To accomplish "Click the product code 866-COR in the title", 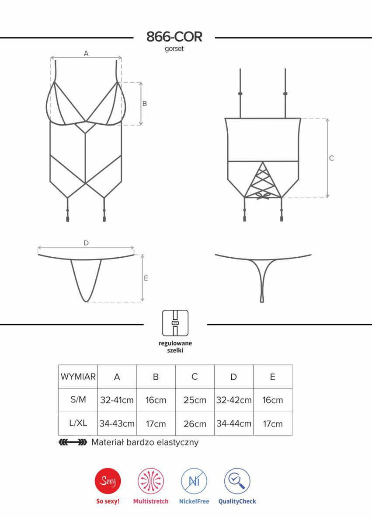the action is (174, 37).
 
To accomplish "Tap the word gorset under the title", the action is (174, 49).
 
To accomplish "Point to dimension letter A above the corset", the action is (86, 53).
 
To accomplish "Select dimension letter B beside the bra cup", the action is (145, 103).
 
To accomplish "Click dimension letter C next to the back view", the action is (332, 158).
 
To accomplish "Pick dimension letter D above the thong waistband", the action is (86, 243).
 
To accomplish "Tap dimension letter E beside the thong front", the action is (146, 279).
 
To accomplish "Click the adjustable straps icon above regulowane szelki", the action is (175, 323).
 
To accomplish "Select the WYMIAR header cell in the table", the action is (78, 377).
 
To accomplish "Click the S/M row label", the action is (78, 400).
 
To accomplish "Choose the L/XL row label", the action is (78, 423).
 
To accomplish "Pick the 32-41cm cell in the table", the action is (117, 400).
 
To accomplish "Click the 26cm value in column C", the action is (195, 423).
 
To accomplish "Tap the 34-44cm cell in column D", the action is (234, 423).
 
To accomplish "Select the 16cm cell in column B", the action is (156, 400).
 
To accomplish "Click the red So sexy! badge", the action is (108, 481).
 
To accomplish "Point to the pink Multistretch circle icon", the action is (151, 481).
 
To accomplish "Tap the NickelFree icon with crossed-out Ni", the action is (194, 481).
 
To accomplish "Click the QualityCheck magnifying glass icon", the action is (237, 481).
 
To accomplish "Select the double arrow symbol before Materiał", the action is (73, 442).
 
